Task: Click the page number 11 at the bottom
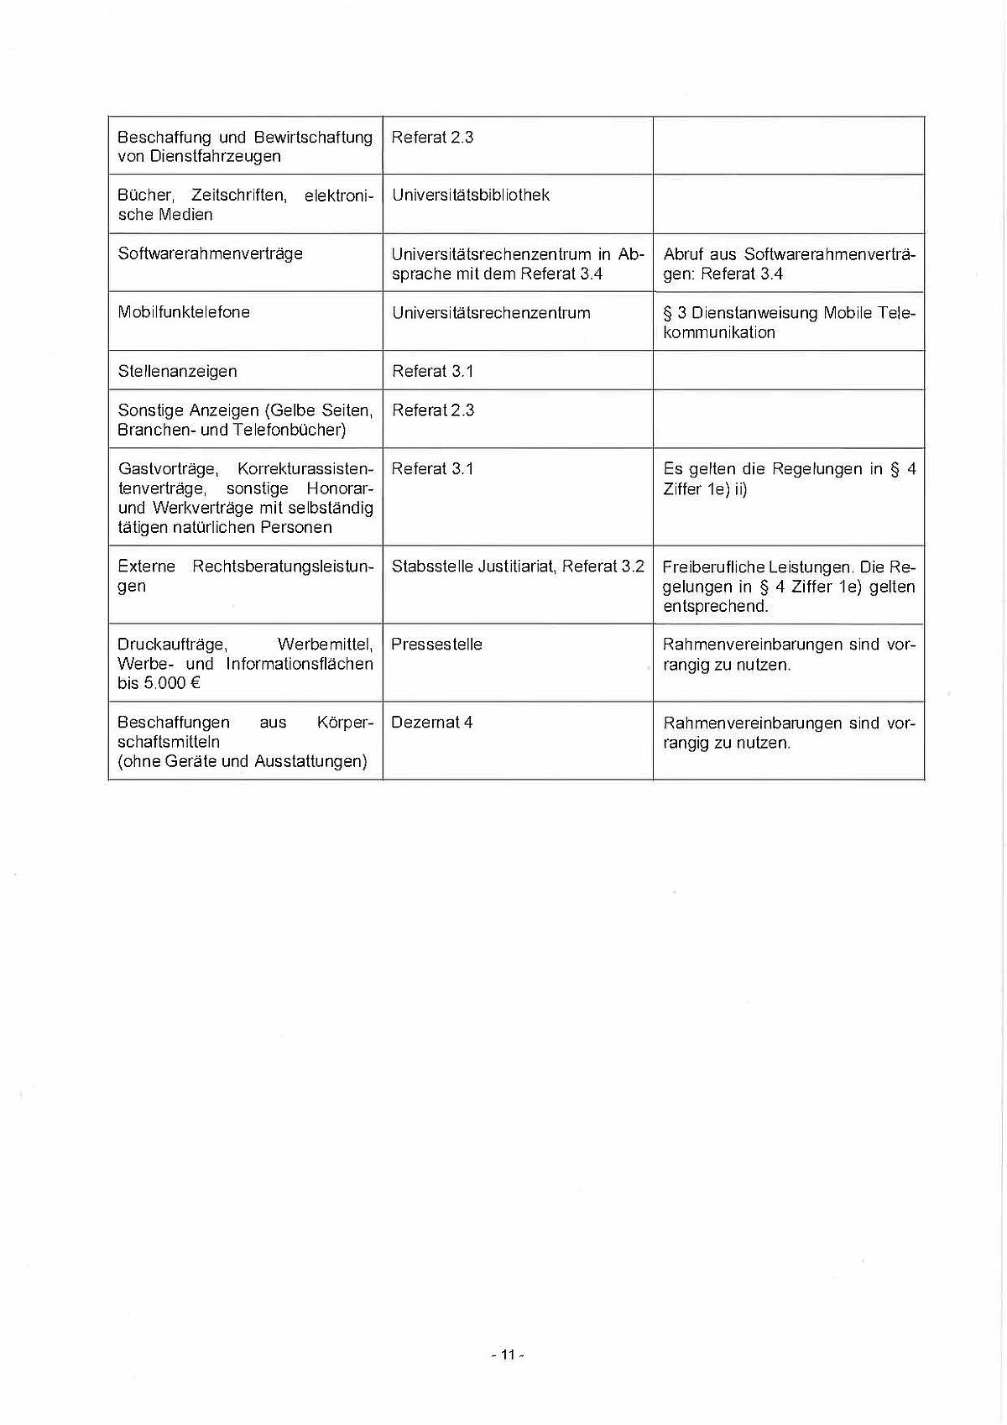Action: tap(507, 1355)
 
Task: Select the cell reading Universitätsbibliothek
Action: tap(470, 196)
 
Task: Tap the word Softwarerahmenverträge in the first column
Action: tap(210, 253)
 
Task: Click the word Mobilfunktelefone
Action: tap(184, 312)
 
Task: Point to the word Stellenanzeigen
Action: tap(177, 371)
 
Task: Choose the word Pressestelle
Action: tap(436, 645)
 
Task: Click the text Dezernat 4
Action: tap(431, 723)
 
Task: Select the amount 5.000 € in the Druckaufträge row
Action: tap(171, 683)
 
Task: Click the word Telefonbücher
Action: tap(290, 431)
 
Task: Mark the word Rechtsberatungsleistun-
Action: tap(282, 566)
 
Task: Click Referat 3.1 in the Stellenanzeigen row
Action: tap(432, 371)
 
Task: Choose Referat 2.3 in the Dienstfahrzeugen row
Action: tap(432, 138)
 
